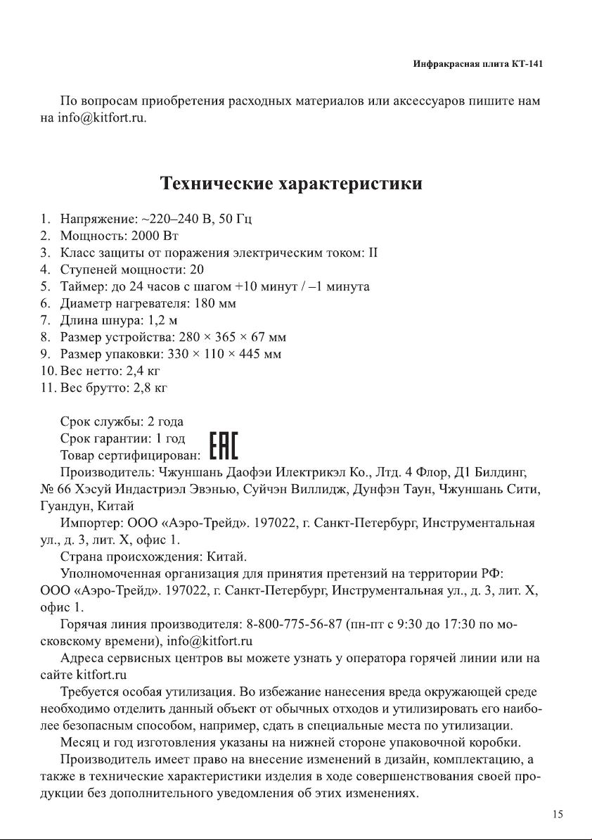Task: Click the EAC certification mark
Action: [224, 446]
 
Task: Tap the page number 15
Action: [558, 815]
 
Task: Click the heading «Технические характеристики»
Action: [292, 184]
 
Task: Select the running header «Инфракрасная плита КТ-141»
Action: [477, 64]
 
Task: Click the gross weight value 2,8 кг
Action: [150, 388]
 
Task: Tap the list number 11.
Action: [46, 388]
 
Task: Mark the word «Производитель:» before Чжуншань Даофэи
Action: [108, 472]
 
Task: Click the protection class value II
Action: [375, 253]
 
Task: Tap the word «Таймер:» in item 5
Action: [81, 286]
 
